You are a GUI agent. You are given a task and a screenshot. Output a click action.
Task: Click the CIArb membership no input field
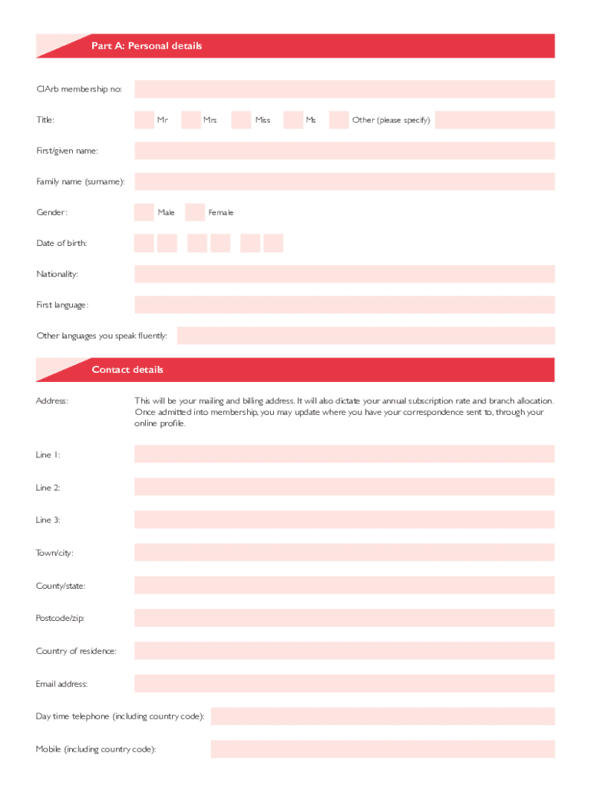(344, 89)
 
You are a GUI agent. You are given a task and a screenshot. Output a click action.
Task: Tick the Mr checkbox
(144, 120)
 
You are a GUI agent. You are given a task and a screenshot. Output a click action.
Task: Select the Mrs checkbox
(191, 120)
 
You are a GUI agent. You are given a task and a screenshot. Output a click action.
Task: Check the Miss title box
(241, 120)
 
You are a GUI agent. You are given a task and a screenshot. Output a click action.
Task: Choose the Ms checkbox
(292, 120)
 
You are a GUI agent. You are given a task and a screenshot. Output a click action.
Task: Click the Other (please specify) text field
(494, 120)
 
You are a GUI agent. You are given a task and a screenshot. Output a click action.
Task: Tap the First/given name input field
(344, 151)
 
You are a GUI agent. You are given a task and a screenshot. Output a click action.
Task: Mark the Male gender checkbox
(144, 212)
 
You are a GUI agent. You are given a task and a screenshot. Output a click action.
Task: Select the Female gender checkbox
(195, 212)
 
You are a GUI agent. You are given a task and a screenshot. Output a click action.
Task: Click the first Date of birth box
(144, 243)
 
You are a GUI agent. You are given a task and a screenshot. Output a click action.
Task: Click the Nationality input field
(344, 274)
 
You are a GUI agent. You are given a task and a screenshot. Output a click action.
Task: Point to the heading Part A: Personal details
(147, 46)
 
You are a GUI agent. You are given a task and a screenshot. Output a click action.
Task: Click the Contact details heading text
(127, 370)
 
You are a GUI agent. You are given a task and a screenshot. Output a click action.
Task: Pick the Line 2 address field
(344, 486)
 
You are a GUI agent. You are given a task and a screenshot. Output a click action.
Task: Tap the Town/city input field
(344, 552)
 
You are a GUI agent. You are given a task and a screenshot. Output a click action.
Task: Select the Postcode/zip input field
(344, 618)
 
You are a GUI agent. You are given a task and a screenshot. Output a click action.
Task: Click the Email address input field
(344, 683)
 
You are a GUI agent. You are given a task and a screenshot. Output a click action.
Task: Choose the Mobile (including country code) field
(382, 749)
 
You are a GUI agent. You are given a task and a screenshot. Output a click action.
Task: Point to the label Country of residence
(76, 651)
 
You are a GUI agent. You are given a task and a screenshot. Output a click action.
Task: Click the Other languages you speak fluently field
(365, 335)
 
